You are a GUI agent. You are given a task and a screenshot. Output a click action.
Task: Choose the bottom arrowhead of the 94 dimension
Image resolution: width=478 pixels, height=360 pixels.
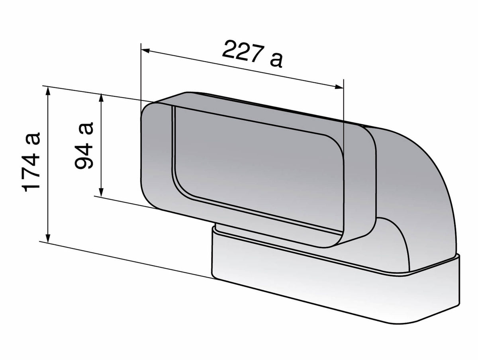point(102,192)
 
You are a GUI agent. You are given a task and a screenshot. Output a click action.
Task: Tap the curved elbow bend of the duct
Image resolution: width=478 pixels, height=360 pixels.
point(414,167)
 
